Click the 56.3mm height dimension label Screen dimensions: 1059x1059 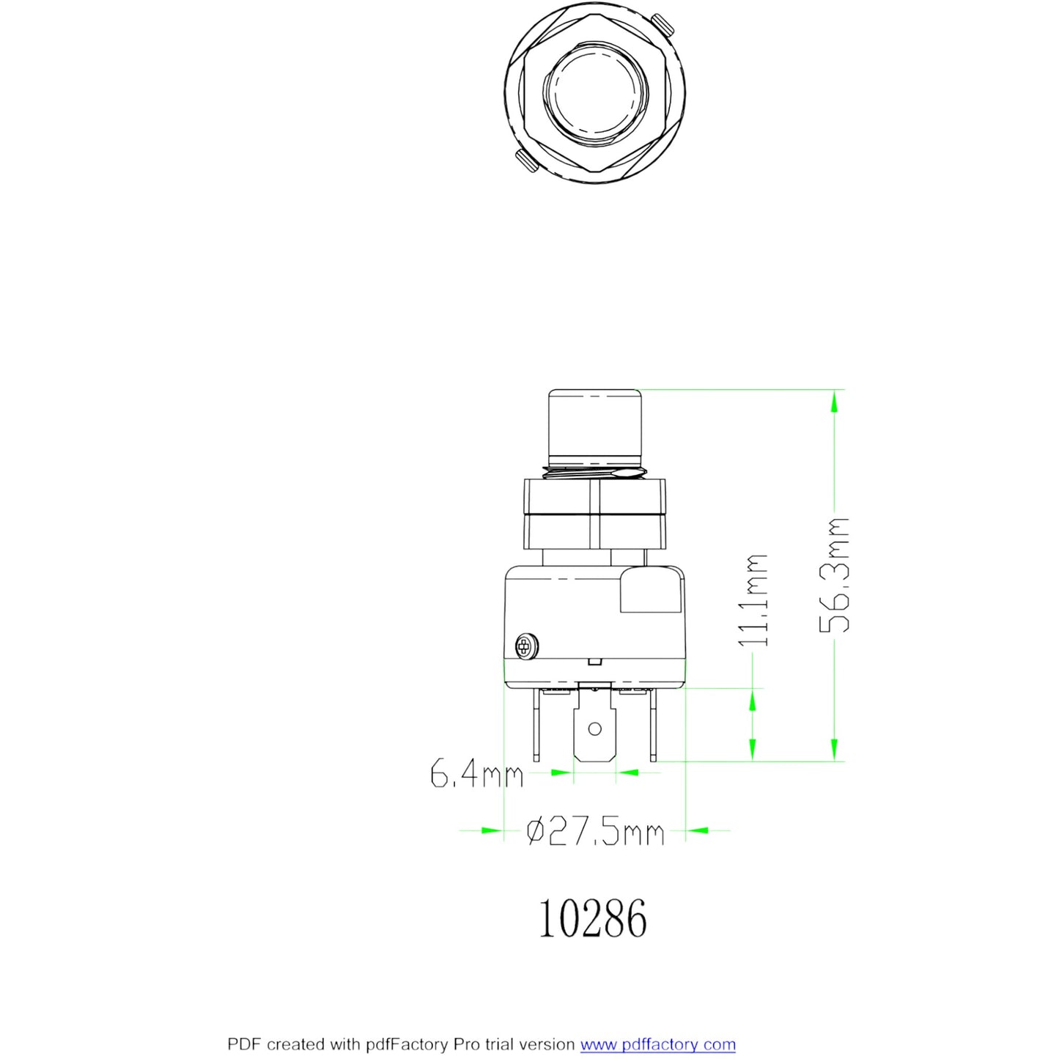[834, 575]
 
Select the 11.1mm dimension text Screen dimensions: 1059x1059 [753, 599]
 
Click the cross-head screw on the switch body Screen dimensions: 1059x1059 [526, 645]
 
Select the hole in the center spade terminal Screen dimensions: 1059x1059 [594, 728]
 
